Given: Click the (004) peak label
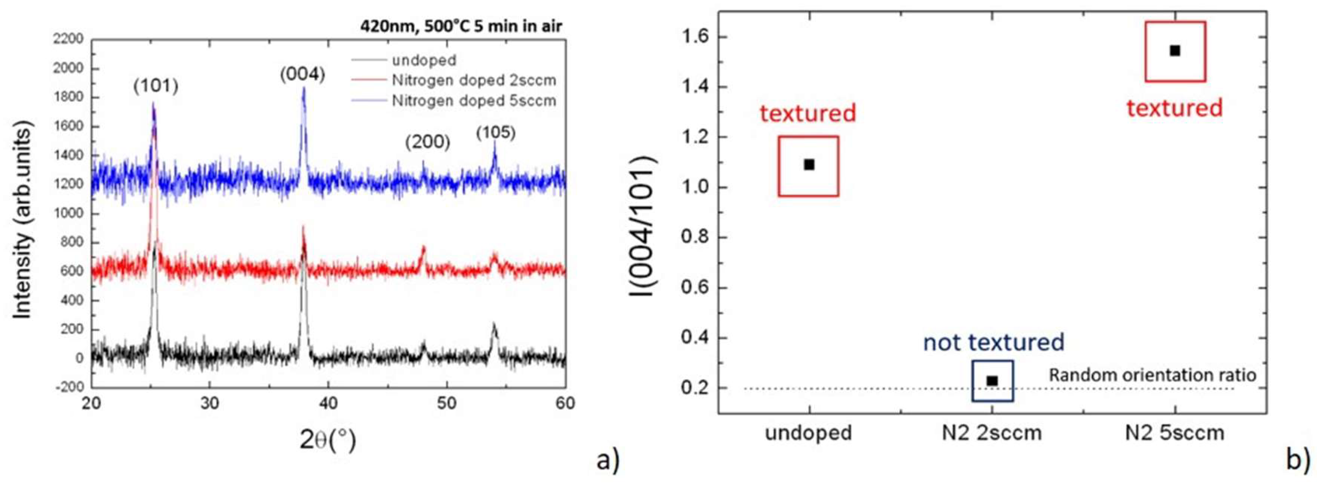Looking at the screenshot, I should (x=303, y=75).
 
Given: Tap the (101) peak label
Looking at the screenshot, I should (x=156, y=86).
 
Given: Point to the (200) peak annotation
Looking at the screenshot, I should (x=427, y=142).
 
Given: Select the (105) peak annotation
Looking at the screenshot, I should (x=495, y=133).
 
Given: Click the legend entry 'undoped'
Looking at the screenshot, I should (x=424, y=60).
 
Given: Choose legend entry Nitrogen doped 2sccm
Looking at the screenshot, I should (x=473, y=80).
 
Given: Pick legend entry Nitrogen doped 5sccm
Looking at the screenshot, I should (x=473, y=101).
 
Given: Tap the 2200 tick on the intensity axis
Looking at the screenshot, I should (x=68, y=39).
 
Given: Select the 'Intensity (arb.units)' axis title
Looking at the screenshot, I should (x=23, y=220).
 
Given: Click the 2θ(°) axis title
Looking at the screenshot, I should (x=328, y=440).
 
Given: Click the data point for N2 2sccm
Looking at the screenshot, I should (x=992, y=381).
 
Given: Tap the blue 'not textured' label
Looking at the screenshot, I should (x=993, y=342).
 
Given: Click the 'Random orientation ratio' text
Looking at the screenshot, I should (x=1152, y=375).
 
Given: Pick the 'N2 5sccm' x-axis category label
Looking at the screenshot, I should (x=1174, y=433).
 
